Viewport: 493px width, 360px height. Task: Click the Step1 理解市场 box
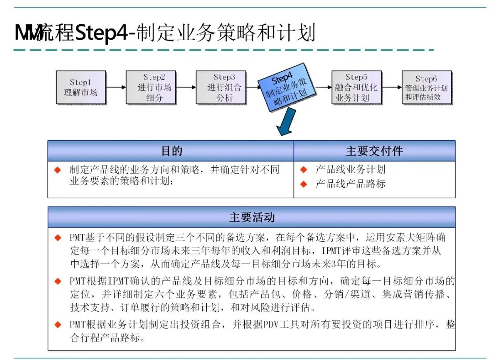(81, 87)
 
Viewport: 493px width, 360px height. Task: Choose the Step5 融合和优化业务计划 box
(356, 87)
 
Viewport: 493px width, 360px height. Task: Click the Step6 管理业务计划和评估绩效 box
(426, 87)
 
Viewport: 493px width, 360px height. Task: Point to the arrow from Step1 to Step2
(116, 87)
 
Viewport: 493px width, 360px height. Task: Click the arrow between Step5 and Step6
(391, 87)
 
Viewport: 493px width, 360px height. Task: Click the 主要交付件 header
(374, 151)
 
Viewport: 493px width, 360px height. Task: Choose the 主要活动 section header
(252, 217)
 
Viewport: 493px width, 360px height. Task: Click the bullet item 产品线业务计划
(351, 169)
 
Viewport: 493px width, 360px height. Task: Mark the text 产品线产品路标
(351, 184)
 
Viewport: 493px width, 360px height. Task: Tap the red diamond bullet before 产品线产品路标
(303, 184)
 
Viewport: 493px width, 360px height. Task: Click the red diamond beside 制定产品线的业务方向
(58, 170)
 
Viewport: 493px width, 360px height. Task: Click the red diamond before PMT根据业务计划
(58, 325)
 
